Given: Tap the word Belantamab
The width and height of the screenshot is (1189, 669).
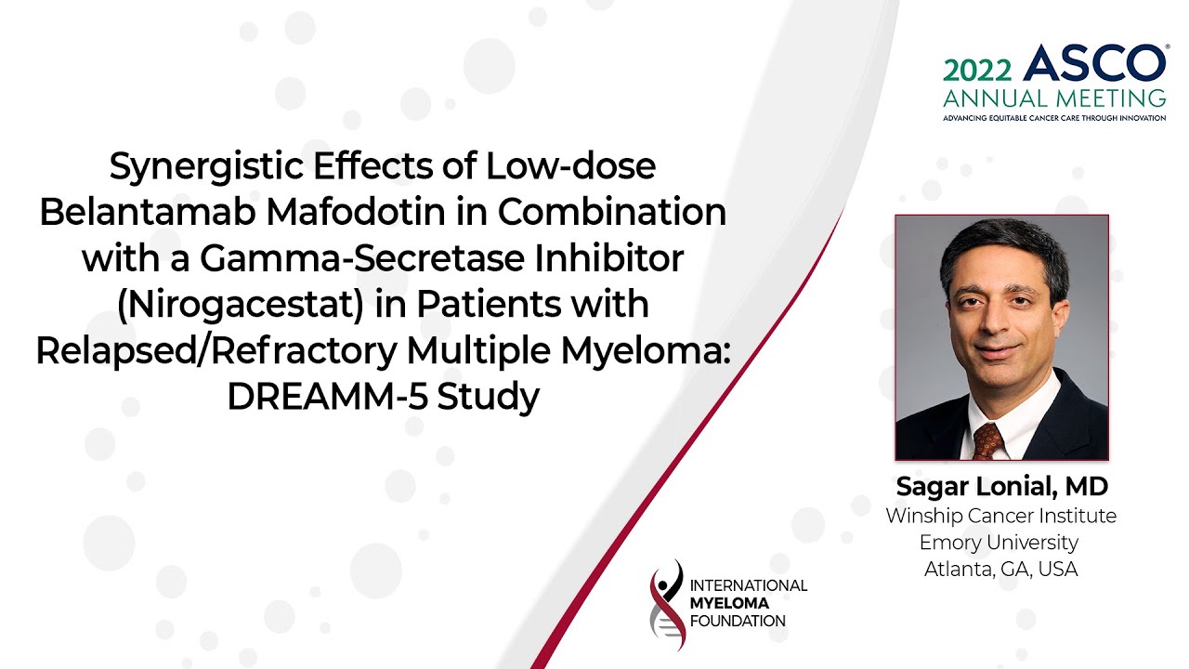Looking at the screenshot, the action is pyautogui.click(x=146, y=212).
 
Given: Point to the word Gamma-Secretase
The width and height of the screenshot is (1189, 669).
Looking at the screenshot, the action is pyautogui.click(x=362, y=259).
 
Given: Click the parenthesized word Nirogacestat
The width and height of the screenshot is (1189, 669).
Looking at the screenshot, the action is pyautogui.click(x=241, y=306).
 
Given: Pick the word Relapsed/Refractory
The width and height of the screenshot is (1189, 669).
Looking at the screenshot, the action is pyautogui.click(x=216, y=351).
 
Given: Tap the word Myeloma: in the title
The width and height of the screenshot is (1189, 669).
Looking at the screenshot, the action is pyautogui.click(x=646, y=352).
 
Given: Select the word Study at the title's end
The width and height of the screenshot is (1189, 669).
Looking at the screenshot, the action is pyautogui.click(x=489, y=398).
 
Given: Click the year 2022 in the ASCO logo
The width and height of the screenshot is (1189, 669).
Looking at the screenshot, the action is pyautogui.click(x=977, y=70).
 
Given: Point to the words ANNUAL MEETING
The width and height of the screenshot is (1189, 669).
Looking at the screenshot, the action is pyautogui.click(x=1054, y=98).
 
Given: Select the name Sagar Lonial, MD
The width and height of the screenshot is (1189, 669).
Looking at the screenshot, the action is pyautogui.click(x=1001, y=486).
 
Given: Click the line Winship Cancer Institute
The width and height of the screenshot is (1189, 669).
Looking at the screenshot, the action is pyautogui.click(x=1001, y=516).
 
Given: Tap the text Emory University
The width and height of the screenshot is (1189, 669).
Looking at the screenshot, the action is pyautogui.click(x=999, y=543).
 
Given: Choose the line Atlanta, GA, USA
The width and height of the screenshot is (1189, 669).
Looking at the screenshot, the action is pyautogui.click(x=1001, y=570).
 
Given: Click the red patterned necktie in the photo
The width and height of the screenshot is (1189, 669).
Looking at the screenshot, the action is pyautogui.click(x=987, y=440).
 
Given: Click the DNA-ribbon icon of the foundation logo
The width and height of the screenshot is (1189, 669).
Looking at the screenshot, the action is pyautogui.click(x=667, y=605).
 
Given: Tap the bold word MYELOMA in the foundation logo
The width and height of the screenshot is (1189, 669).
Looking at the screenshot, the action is pyautogui.click(x=729, y=603).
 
